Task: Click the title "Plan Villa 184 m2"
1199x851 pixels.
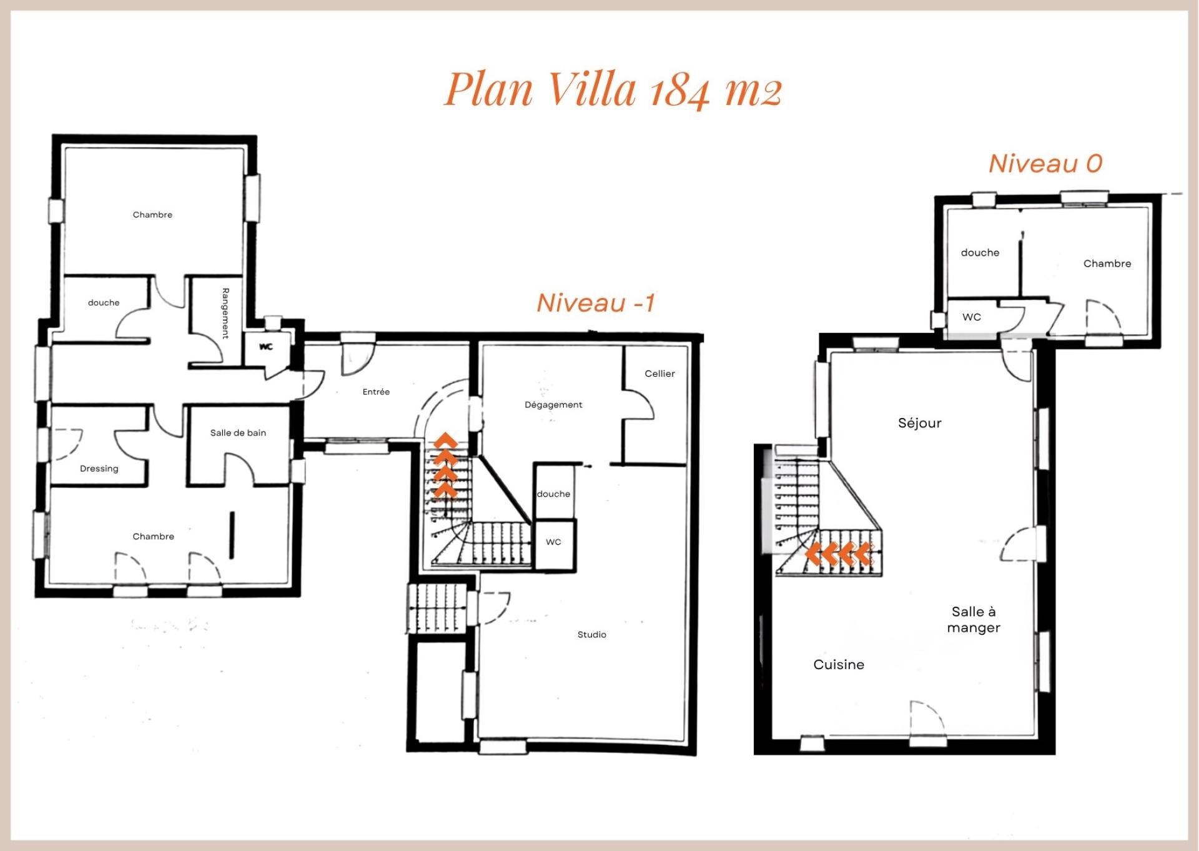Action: click(x=613, y=89)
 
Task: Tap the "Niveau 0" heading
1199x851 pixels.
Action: click(x=1045, y=164)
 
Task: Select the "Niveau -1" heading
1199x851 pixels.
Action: click(x=596, y=303)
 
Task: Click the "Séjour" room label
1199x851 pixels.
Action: click(x=919, y=423)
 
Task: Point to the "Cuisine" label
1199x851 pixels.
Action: click(x=839, y=664)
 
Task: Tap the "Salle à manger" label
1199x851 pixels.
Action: click(x=974, y=620)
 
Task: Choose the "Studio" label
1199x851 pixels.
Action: click(x=591, y=634)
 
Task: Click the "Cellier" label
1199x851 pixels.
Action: click(x=659, y=374)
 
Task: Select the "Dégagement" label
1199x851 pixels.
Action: click(x=553, y=405)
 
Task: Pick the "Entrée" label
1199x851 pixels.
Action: click(x=376, y=392)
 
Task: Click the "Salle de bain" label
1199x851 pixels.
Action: click(x=238, y=432)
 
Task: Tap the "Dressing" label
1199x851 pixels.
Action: click(x=99, y=469)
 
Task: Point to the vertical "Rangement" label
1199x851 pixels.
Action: click(x=225, y=313)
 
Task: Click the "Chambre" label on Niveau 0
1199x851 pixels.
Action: click(x=1107, y=264)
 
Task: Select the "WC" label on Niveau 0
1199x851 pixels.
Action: click(x=972, y=317)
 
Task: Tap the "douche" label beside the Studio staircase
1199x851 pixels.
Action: click(x=553, y=494)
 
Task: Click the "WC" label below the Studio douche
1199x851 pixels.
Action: click(x=553, y=542)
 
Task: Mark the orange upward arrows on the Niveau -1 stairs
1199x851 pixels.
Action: click(x=446, y=465)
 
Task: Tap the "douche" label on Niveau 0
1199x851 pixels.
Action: click(x=980, y=252)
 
